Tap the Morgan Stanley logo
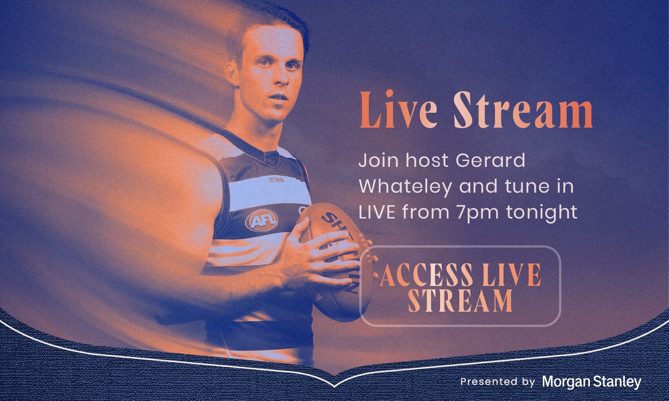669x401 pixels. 592,382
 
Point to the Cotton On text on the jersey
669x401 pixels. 276,180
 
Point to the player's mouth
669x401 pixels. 279,98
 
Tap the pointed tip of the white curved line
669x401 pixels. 335,387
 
